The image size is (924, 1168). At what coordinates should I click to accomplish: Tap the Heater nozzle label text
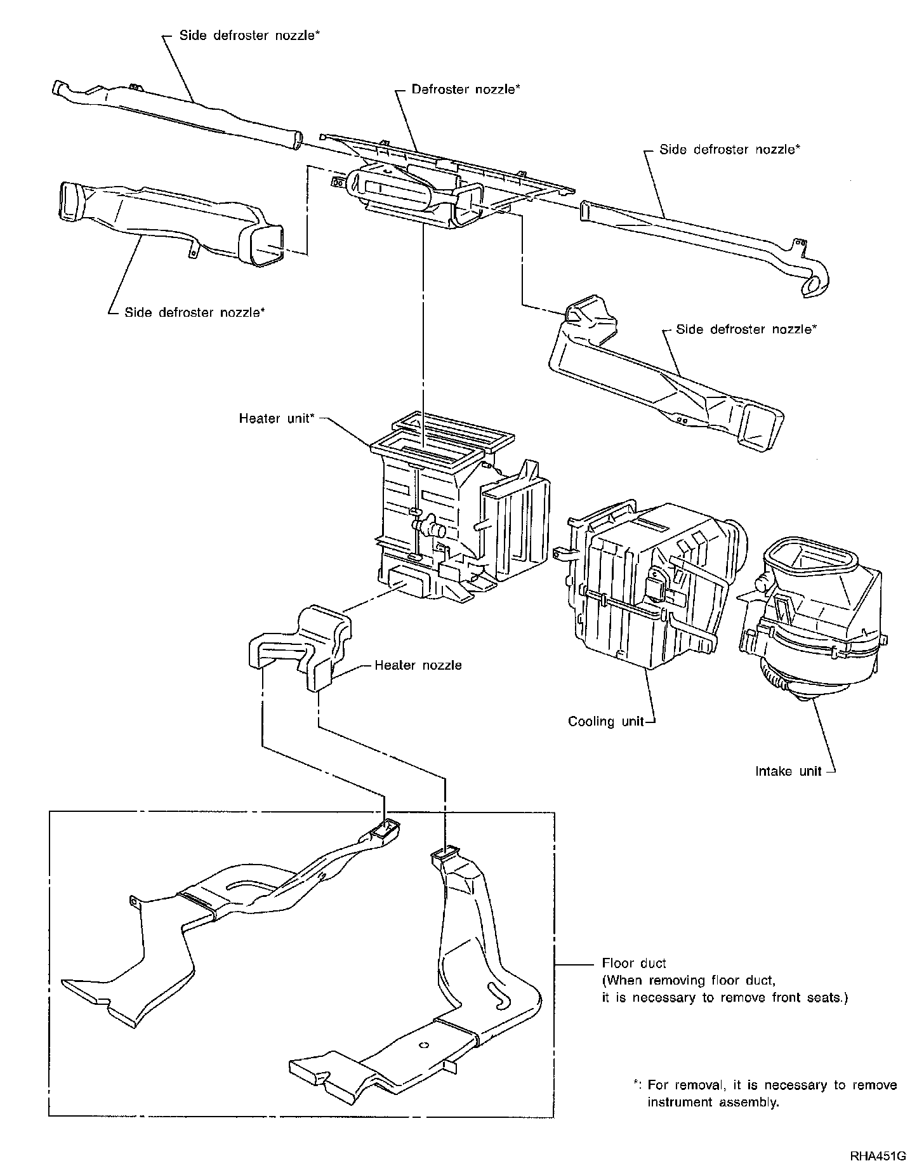point(418,665)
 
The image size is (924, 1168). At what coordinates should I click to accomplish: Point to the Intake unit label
point(788,771)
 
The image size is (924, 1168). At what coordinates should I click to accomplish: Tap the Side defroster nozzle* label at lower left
point(194,312)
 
